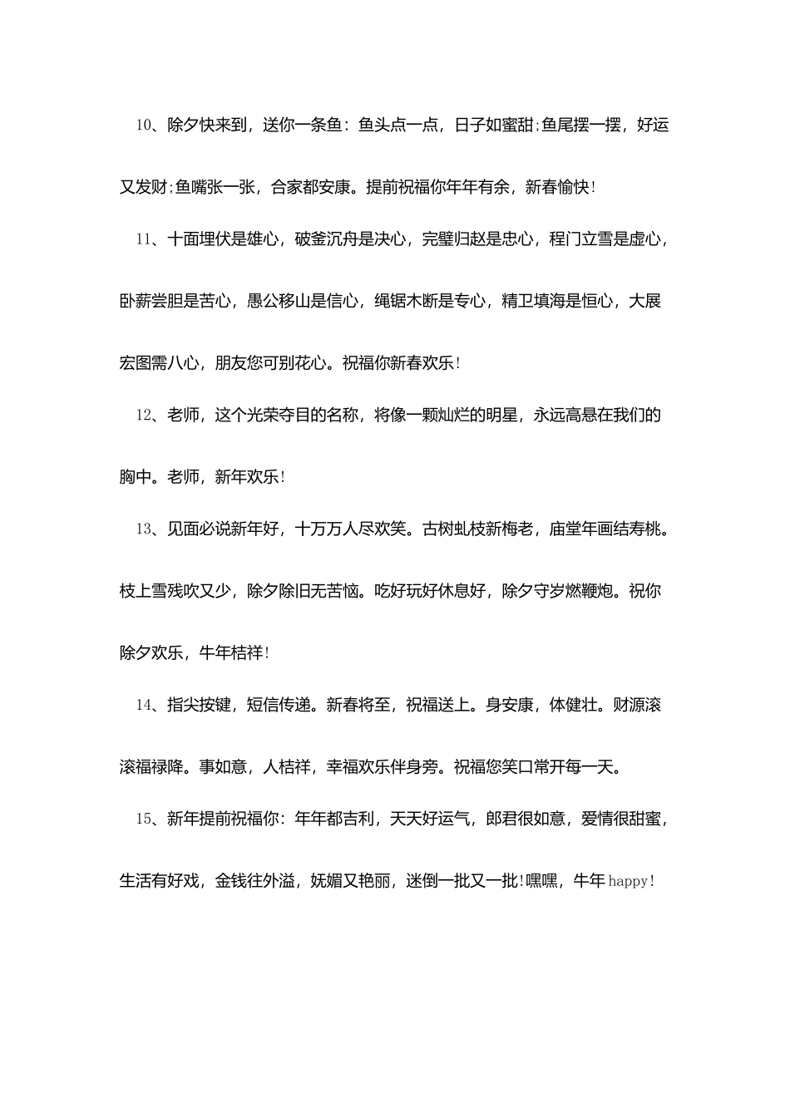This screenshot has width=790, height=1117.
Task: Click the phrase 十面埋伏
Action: coord(199,239)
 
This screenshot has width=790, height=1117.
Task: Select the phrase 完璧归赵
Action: coord(453,239)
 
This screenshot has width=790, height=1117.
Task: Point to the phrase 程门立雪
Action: coord(580,239)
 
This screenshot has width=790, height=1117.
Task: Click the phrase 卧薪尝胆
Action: coord(151,301)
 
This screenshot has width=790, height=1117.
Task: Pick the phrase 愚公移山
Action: coord(279,301)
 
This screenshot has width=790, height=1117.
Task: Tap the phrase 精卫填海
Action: coord(533,301)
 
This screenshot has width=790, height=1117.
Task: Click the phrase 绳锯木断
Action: coord(406,301)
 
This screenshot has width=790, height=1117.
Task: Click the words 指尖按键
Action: coord(199,706)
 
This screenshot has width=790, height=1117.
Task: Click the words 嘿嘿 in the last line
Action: coord(542,882)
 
